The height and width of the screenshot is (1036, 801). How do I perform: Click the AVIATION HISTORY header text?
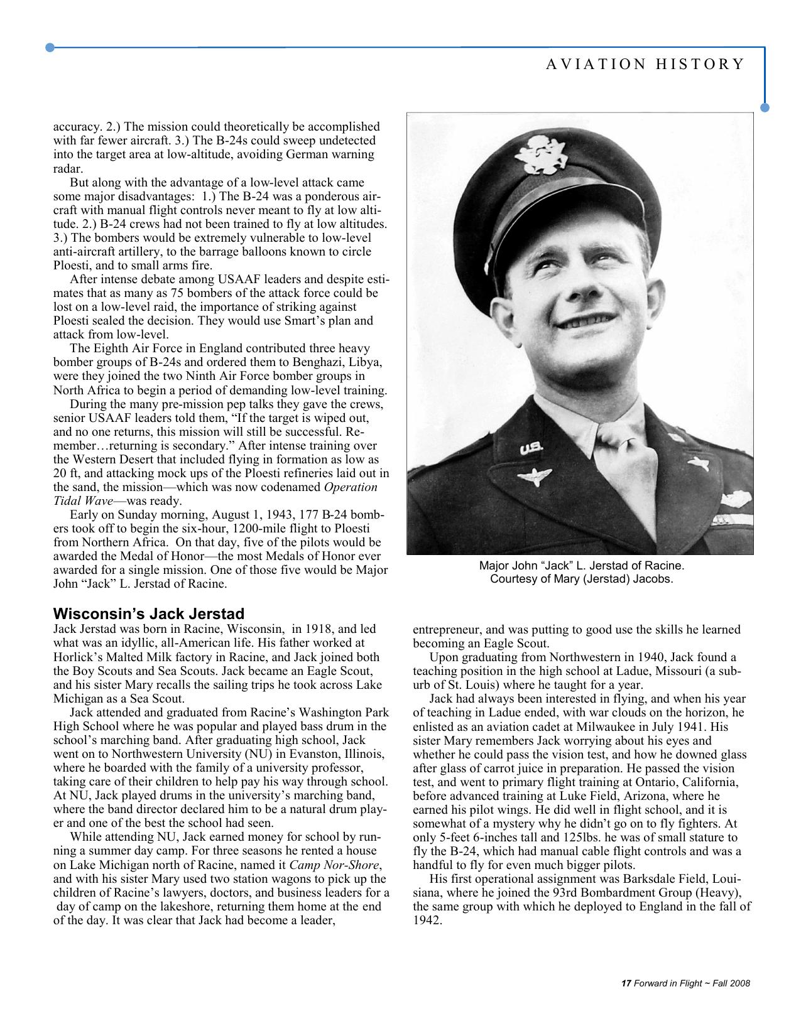click(x=645, y=64)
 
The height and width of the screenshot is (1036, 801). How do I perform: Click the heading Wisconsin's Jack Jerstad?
click(x=149, y=613)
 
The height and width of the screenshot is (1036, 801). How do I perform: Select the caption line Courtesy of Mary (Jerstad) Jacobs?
click(x=581, y=579)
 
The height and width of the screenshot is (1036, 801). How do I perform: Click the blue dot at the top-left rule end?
click(x=50, y=47)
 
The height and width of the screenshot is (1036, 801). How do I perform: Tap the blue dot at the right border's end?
click(x=765, y=107)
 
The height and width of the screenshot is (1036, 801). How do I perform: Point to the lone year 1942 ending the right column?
click(x=428, y=920)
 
